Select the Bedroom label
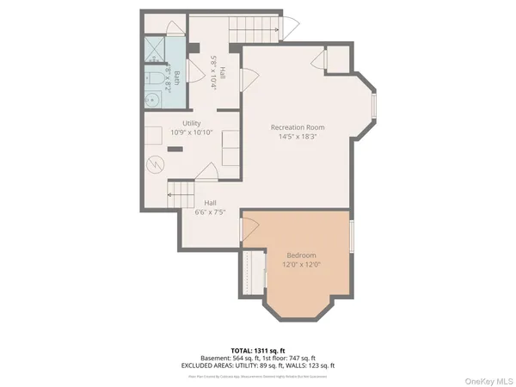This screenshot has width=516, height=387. (301, 255)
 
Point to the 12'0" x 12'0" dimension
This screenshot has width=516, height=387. (301, 265)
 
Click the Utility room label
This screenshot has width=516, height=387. (192, 124)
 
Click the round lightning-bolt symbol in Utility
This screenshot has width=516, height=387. (155, 164)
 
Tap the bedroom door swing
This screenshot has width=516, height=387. (250, 229)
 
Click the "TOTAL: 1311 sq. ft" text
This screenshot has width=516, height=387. (258, 351)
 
